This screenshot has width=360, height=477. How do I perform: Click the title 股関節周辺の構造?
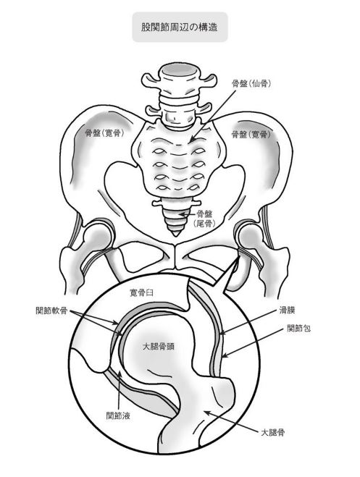(180, 27)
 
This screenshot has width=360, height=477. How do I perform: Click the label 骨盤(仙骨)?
(251, 84)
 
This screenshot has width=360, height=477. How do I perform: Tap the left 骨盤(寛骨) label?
(104, 133)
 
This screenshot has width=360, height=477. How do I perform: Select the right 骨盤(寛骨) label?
(251, 134)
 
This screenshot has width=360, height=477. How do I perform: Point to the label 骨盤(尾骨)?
(204, 219)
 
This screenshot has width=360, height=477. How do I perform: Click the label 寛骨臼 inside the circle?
(141, 293)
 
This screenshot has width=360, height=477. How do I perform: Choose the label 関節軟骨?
(51, 311)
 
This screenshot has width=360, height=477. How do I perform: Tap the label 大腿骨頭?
(159, 347)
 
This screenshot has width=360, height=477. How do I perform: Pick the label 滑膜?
(288, 311)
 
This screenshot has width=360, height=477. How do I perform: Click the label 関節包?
(299, 328)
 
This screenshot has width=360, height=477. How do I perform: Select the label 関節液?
(118, 415)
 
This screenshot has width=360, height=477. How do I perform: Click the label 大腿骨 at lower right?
(272, 432)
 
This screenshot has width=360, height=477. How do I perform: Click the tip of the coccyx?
(175, 235)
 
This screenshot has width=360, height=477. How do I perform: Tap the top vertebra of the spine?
(180, 77)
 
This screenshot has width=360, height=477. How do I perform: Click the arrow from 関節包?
(254, 342)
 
